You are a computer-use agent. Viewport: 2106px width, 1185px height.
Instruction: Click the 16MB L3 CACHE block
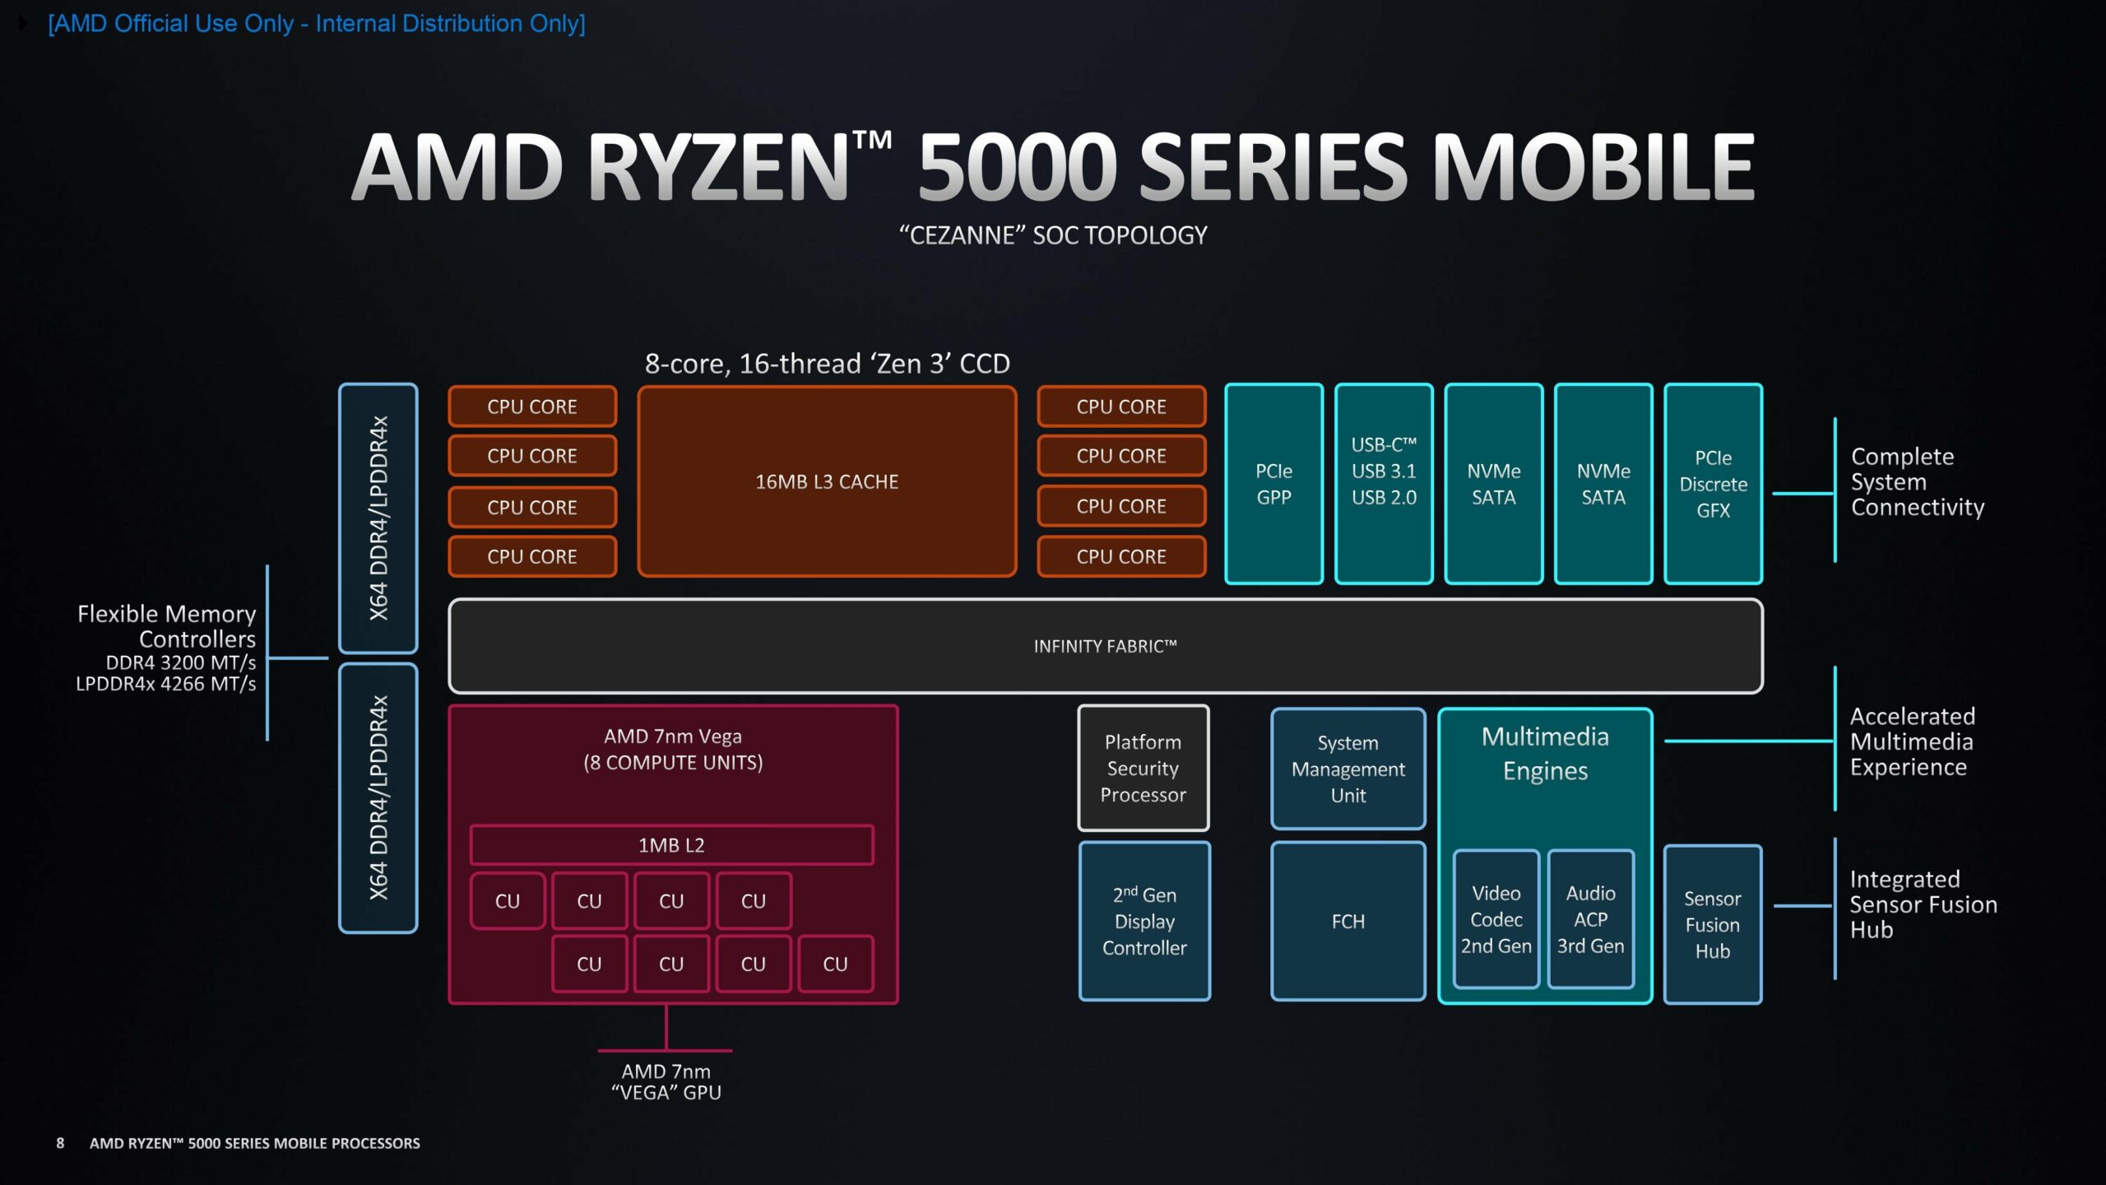coord(827,481)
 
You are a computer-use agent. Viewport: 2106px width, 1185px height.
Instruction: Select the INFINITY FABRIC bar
coord(1105,646)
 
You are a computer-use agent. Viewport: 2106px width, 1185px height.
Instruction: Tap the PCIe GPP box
coord(1273,484)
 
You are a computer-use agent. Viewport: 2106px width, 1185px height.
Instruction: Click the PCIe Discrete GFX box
coord(1713,484)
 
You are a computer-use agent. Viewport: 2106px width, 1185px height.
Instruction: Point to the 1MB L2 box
coord(671,845)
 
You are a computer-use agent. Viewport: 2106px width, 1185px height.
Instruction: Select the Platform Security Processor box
coord(1143,768)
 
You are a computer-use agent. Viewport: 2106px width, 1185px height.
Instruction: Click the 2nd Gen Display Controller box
coord(1144,921)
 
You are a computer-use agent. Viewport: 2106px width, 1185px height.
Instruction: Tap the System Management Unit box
coord(1348,769)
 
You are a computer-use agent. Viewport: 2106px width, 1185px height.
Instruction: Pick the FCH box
coord(1348,921)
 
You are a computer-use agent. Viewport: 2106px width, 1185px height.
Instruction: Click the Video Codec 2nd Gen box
coord(1496,919)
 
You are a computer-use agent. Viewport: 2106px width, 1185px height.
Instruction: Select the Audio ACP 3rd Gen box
coord(1590,919)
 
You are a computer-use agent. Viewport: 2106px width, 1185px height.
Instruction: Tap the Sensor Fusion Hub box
coord(1712,924)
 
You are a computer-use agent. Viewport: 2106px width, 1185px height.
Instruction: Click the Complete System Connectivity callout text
coord(1917,481)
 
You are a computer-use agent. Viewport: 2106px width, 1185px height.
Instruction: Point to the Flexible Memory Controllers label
coord(167,626)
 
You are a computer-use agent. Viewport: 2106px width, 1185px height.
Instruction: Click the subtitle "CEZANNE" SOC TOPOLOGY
coord(1053,235)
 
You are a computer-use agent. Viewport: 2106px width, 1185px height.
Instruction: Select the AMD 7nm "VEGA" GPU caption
coord(666,1082)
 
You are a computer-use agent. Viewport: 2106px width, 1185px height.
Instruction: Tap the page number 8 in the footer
coord(60,1143)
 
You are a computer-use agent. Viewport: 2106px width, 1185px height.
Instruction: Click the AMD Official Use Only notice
coord(317,23)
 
